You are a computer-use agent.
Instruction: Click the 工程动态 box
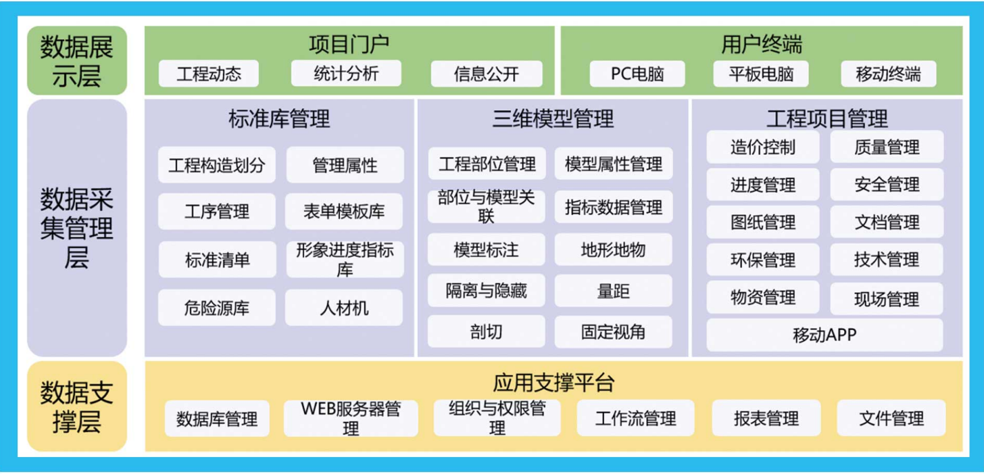tap(209, 74)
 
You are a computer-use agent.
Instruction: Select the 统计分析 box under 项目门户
tap(346, 74)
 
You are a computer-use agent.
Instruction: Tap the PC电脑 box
tap(637, 74)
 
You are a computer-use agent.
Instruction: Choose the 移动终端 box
tap(888, 74)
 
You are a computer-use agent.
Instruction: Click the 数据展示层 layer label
tap(77, 61)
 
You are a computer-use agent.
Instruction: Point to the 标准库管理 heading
tap(279, 119)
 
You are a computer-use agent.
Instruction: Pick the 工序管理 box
tap(216, 212)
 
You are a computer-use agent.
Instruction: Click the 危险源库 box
tap(216, 308)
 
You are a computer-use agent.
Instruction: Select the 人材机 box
tap(344, 308)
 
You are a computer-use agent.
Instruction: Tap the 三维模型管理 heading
tap(553, 119)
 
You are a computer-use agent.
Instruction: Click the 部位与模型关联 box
tap(487, 207)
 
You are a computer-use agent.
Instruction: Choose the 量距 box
tap(613, 291)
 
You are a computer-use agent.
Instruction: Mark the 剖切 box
tap(487, 331)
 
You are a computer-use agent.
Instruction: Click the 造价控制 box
tap(763, 147)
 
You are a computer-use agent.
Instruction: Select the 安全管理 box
tap(887, 185)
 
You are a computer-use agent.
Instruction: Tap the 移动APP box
tap(825, 335)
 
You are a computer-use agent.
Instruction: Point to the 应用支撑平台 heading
tap(553, 383)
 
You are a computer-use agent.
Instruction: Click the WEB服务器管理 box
tap(351, 418)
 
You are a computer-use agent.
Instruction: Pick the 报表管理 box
tap(766, 418)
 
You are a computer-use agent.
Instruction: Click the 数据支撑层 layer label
tap(77, 406)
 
